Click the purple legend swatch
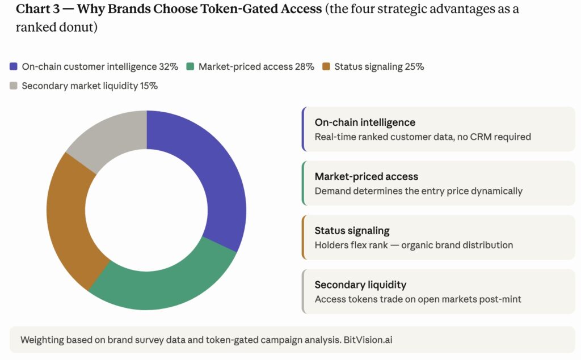pyautogui.click(x=14, y=66)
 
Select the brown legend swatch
pyautogui.click(x=326, y=66)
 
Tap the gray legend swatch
pyautogui.click(x=14, y=86)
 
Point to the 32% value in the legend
pyautogui.click(x=169, y=66)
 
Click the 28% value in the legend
pyautogui.click(x=304, y=66)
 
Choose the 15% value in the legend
pyautogui.click(x=149, y=86)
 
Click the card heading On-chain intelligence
pyautogui.click(x=365, y=122)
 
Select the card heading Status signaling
pyautogui.click(x=352, y=231)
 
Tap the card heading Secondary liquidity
pyautogui.click(x=360, y=285)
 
